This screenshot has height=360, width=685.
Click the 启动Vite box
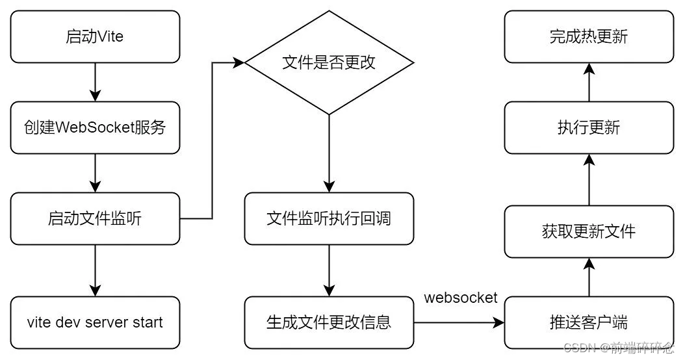[95, 36]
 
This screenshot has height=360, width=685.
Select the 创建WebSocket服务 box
[95, 127]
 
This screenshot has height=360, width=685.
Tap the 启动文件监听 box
[95, 218]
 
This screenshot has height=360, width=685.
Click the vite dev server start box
[95, 322]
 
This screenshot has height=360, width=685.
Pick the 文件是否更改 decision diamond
[329, 62]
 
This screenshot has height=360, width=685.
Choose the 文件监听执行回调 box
[329, 218]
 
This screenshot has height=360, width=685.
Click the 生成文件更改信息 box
[329, 322]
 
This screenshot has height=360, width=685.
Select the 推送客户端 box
[589, 322]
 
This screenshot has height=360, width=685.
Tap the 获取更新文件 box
[589, 231]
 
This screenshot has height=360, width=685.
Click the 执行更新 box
[589, 127]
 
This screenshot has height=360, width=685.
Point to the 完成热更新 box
[589, 36]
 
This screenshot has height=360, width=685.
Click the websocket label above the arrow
[461, 298]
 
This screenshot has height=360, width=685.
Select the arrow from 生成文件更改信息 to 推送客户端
[459, 322]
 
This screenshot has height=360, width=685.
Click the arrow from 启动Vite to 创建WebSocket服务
[95, 82]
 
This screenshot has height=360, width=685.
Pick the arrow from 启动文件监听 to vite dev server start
[95, 270]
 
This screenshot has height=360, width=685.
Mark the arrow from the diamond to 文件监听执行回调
[329, 153]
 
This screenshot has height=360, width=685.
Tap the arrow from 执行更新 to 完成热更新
[589, 82]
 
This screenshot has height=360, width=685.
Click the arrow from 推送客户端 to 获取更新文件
[589, 277]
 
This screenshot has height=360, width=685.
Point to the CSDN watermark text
[617, 348]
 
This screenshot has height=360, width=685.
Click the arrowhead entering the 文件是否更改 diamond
[239, 62]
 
